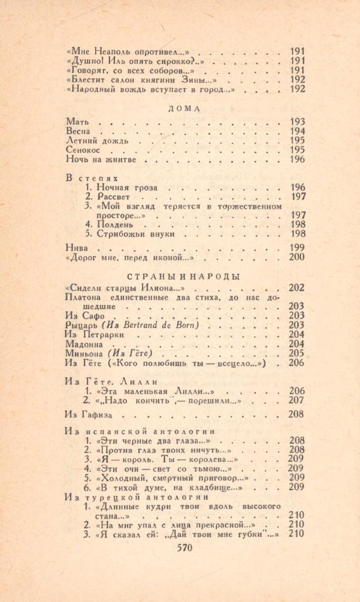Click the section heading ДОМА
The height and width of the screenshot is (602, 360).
pos(183,108)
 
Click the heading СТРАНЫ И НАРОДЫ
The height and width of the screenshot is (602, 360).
pos(183,276)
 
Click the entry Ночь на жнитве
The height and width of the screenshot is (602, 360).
pos(100,160)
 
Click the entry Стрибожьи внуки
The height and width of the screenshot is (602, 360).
pos(136,234)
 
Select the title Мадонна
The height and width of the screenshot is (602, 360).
pos(84,344)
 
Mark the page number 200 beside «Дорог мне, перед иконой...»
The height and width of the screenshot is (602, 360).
pos(297,257)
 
